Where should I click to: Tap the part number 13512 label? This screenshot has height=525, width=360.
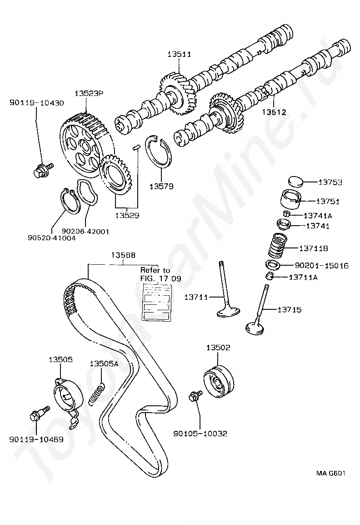pyautogui.click(x=274, y=111)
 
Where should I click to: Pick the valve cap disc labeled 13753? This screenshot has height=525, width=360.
pyautogui.click(x=295, y=182)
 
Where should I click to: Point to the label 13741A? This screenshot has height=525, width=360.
pyautogui.click(x=318, y=215)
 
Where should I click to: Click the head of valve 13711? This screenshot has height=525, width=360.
pyautogui.click(x=228, y=313)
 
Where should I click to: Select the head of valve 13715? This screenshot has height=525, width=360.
pyautogui.click(x=254, y=327)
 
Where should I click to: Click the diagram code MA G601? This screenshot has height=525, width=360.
pyautogui.click(x=331, y=473)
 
